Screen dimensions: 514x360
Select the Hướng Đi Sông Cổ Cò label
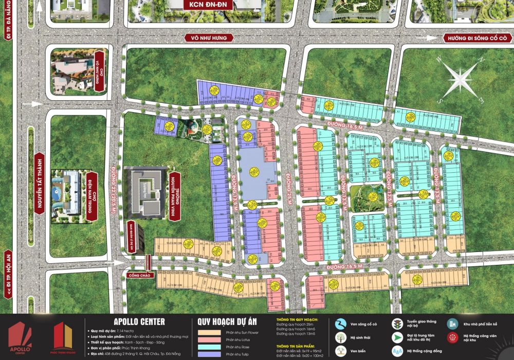477,38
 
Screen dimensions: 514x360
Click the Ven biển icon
340,351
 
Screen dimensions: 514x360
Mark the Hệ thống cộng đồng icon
397,351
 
